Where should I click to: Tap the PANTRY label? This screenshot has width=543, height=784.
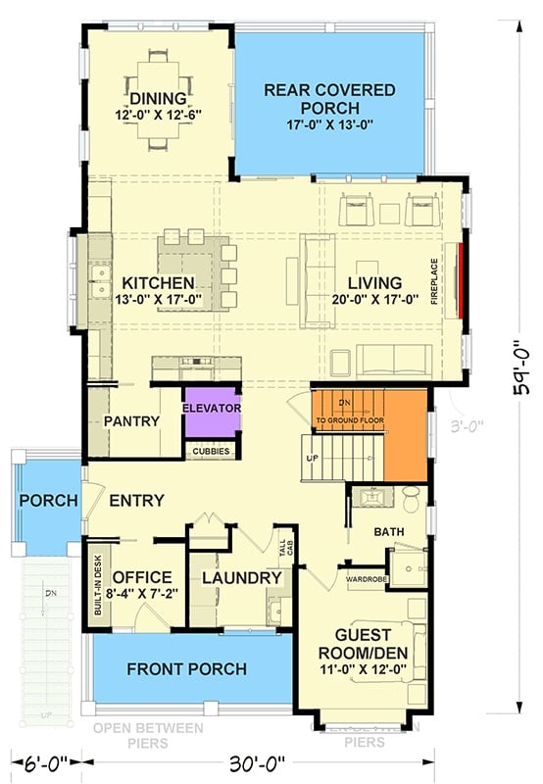tap(131, 421)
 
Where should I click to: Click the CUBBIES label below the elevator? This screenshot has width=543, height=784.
tap(211, 452)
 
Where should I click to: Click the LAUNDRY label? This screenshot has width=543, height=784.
tap(241, 578)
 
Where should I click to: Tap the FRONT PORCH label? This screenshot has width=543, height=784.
tap(186, 669)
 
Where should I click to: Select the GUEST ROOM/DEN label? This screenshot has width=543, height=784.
tap(364, 642)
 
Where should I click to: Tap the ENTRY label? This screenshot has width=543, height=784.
tap(136, 501)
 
